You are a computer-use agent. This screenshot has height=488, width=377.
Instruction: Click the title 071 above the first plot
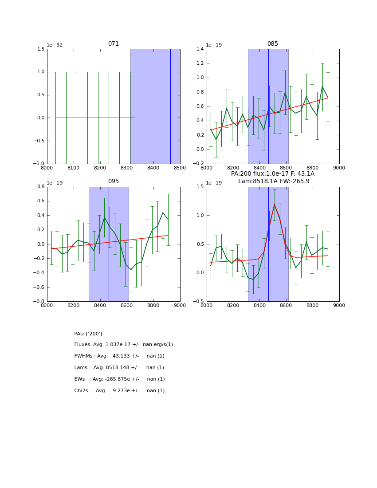pos(114,44)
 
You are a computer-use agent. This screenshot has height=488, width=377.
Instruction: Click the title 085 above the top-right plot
pos(272,44)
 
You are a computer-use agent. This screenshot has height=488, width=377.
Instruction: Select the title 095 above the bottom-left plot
pos(114,181)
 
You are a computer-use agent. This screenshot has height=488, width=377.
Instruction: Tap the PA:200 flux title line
pos(272,174)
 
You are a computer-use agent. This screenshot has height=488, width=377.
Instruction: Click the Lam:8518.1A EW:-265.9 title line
pos(274,181)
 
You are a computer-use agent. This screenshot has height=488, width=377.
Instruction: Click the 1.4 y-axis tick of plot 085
pos(200,49)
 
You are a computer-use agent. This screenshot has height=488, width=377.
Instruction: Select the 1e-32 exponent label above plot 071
pos(55,45)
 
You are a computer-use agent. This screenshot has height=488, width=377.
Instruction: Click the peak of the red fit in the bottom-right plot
pos(274,205)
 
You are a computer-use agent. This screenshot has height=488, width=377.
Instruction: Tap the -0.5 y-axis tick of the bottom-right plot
pos(199,302)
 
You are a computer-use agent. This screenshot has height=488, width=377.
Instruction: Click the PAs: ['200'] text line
pos(88,334)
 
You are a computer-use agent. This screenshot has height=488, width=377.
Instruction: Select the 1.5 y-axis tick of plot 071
pos(40,49)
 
